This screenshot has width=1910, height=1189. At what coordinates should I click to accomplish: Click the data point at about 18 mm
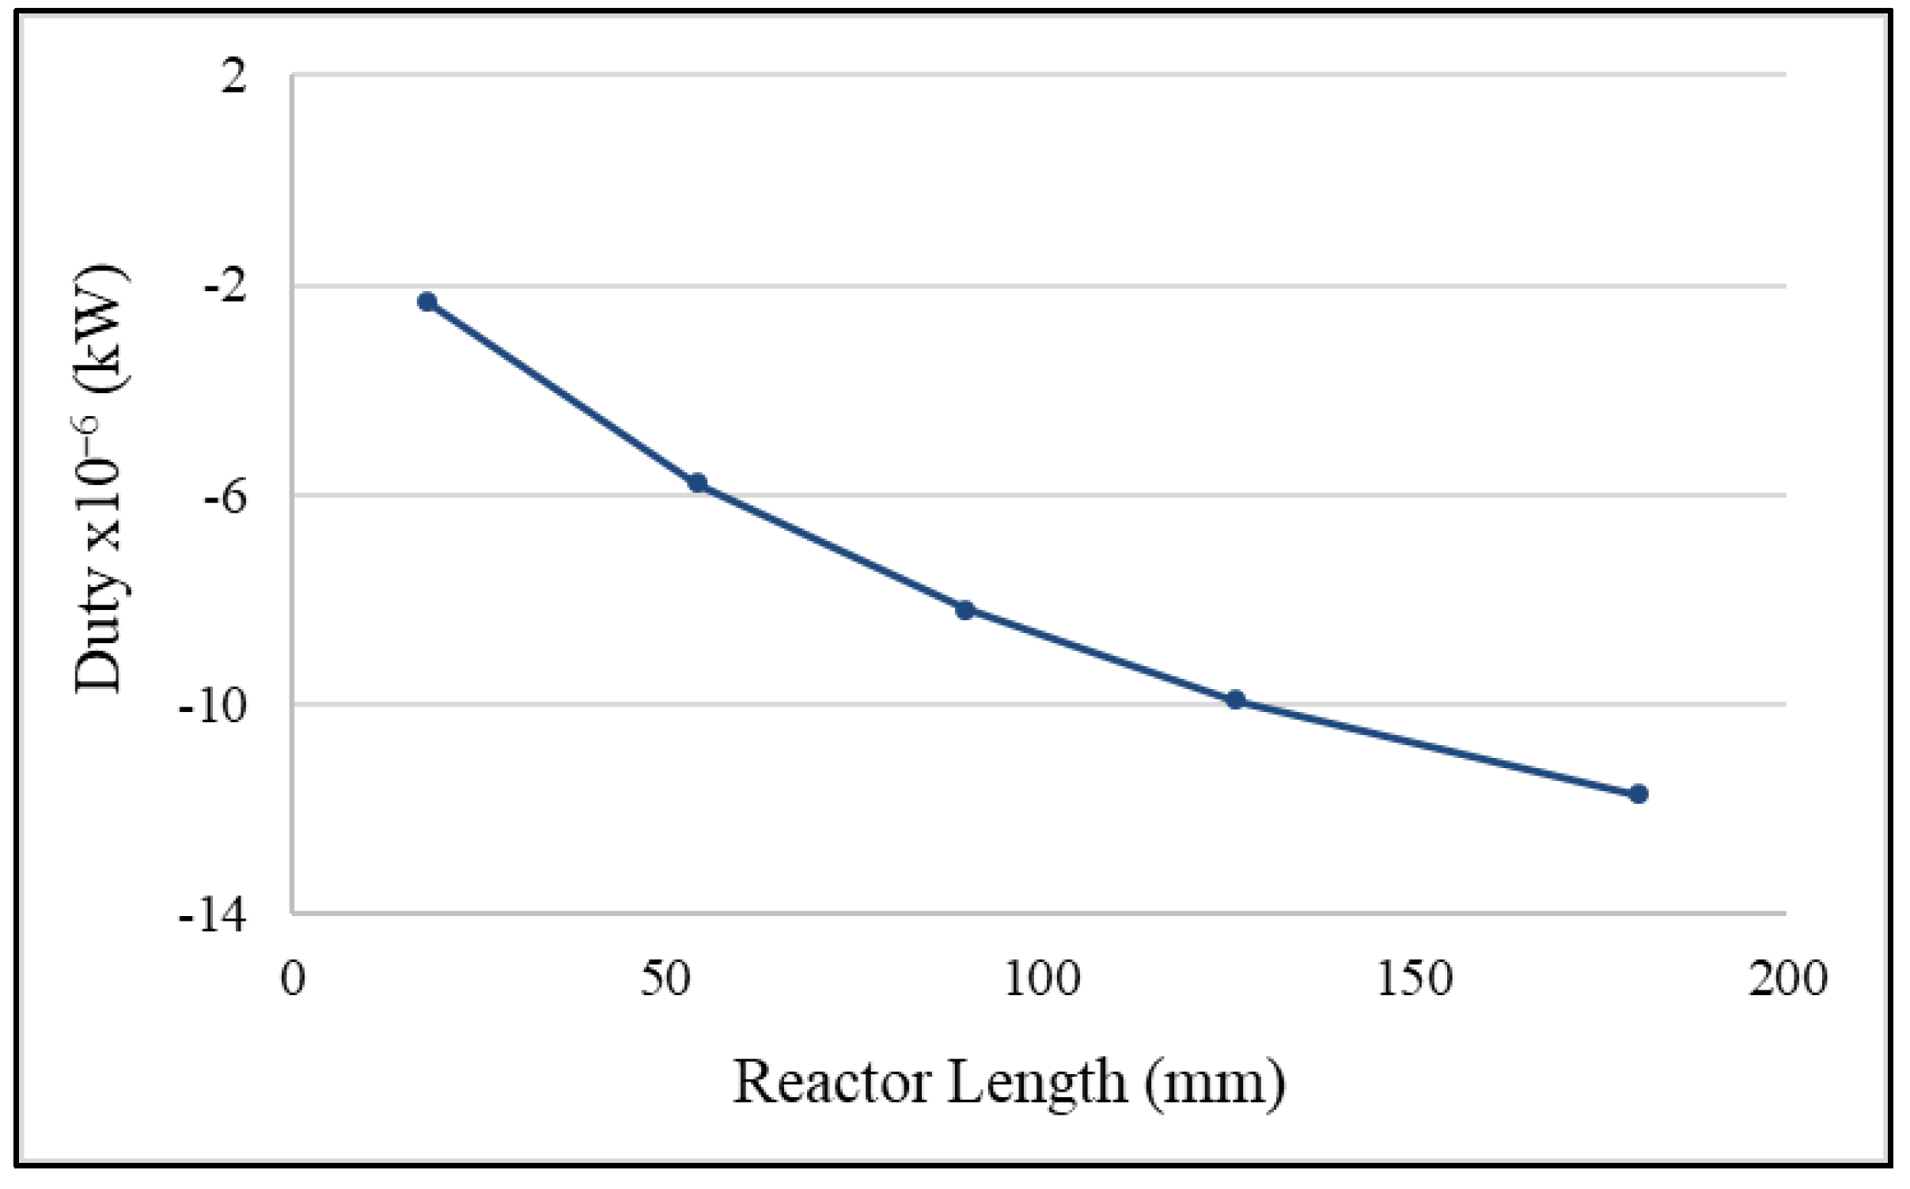tap(427, 301)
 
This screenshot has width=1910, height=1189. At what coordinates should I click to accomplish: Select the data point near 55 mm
tap(698, 483)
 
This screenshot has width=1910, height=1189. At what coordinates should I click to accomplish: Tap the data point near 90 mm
tap(964, 610)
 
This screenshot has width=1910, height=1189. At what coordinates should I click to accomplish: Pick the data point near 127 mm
tap(1236, 699)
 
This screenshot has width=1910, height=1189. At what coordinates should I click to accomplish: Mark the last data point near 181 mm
tap(1639, 793)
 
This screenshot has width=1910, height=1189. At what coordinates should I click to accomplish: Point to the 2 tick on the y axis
tap(233, 77)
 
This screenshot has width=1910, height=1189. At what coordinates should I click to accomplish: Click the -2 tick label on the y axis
tap(225, 286)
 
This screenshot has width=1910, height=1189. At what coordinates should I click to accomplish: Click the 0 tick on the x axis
tap(294, 979)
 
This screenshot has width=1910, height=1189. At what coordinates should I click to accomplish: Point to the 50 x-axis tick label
tap(665, 979)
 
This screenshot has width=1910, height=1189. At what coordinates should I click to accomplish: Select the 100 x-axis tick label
tap(1042, 979)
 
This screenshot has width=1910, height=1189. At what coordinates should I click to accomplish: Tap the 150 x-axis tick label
tap(1415, 979)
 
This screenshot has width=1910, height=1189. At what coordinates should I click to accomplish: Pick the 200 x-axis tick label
tap(1787, 979)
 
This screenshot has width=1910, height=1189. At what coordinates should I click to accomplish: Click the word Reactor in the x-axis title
tap(832, 1081)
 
